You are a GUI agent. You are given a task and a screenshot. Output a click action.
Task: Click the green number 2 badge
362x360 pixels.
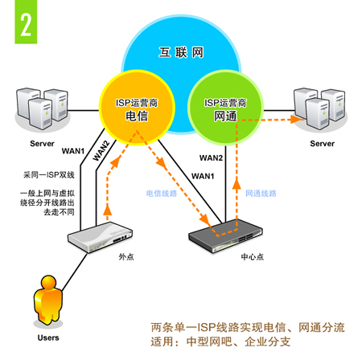pyautogui.click(x=26, y=22)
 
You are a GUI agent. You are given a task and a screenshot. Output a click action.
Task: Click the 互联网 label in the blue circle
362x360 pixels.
pyautogui.click(x=181, y=52)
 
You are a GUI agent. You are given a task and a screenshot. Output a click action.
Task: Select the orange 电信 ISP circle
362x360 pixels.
pyautogui.click(x=137, y=108)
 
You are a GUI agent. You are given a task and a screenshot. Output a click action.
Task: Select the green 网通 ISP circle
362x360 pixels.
pyautogui.click(x=225, y=108)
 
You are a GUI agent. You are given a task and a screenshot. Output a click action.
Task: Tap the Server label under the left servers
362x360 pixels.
pyautogui.click(x=42, y=144)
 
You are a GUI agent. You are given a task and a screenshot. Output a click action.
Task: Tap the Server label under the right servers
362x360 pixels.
pyautogui.click(x=322, y=144)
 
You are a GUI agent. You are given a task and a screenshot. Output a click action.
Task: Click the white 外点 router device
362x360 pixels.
pyautogui.click(x=100, y=237)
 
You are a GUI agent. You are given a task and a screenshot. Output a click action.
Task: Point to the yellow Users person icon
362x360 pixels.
pyautogui.click(x=48, y=299)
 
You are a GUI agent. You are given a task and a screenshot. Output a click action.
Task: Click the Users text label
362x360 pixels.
pyautogui.click(x=48, y=337)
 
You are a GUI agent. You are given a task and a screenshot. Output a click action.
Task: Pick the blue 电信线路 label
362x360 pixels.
pyautogui.click(x=162, y=194)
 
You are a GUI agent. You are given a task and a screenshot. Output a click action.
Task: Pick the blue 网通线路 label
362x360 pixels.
pyautogui.click(x=261, y=194)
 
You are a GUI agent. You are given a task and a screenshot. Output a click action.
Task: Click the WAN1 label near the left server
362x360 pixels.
pyautogui.click(x=73, y=151)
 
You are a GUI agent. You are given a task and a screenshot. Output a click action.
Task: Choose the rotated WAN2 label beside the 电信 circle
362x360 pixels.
pyautogui.click(x=101, y=151)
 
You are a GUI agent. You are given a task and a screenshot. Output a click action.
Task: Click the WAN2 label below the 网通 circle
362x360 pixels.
pyautogui.click(x=211, y=157)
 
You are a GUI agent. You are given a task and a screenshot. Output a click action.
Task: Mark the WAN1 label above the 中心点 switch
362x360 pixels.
pyautogui.click(x=203, y=176)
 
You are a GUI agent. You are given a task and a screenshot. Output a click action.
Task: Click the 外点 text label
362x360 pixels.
pyautogui.click(x=126, y=256)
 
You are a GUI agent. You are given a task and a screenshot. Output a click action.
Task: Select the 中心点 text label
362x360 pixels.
pyautogui.click(x=252, y=256)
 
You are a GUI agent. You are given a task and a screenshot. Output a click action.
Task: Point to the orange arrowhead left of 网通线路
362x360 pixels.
pyautogui.click(x=237, y=184)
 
